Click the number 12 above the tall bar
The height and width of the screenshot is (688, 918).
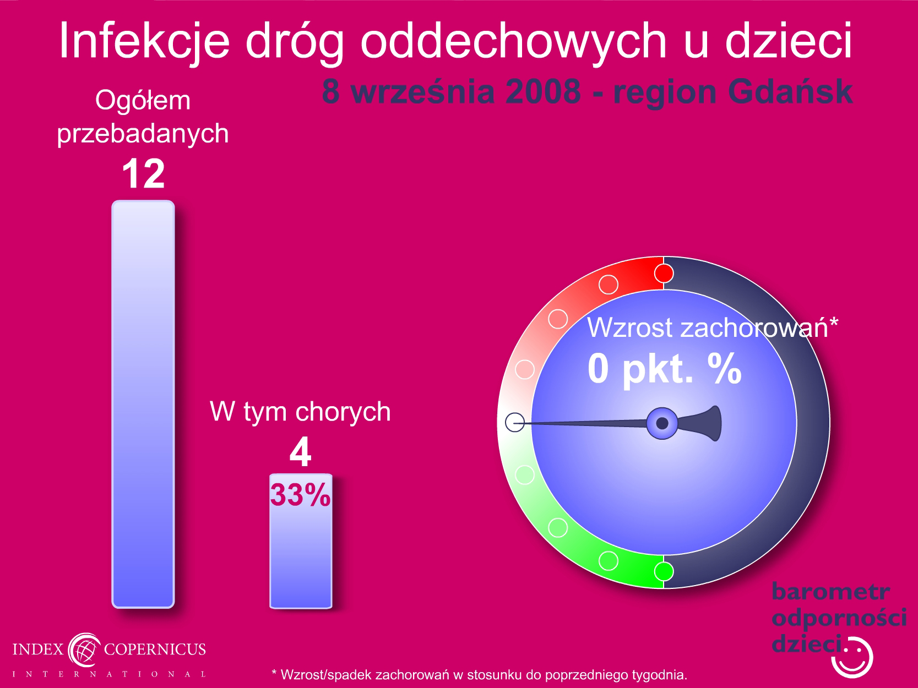pyautogui.click(x=143, y=173)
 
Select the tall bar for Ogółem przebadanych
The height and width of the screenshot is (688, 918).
pyautogui.click(x=143, y=404)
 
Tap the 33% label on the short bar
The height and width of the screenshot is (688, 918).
pyautogui.click(x=300, y=495)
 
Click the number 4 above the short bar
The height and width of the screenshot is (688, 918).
pyautogui.click(x=300, y=451)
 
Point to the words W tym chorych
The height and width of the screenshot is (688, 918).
pyautogui.click(x=300, y=412)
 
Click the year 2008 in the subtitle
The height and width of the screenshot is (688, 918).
pyautogui.click(x=543, y=92)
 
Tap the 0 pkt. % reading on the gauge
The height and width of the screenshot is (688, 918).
pyautogui.click(x=665, y=369)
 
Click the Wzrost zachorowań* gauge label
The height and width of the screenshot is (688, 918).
pyautogui.click(x=713, y=327)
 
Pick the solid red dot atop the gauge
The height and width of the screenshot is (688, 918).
pyautogui.click(x=664, y=274)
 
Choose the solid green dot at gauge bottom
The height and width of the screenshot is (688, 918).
pyautogui.click(x=664, y=571)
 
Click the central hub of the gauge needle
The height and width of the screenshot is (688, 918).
pyautogui.click(x=662, y=423)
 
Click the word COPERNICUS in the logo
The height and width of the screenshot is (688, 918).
pyautogui.click(x=155, y=649)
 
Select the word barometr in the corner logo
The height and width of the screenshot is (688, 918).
pyautogui.click(x=830, y=592)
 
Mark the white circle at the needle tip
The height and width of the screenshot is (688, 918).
pyautogui.click(x=515, y=422)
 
